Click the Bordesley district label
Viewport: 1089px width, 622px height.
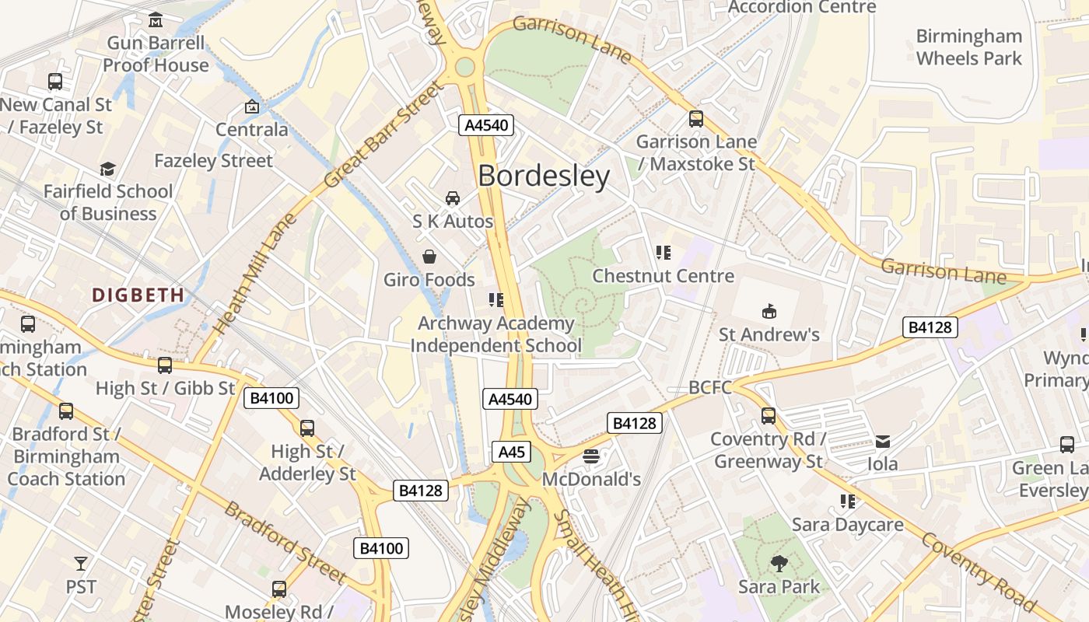point(544,176)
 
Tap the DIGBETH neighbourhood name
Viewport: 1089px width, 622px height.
point(138,295)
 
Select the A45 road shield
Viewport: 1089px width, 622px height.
point(512,452)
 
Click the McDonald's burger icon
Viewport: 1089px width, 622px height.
point(591,456)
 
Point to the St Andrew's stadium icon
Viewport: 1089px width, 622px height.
point(769,312)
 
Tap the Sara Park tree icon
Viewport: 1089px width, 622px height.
point(779,564)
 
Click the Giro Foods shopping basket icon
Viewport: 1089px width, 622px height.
point(429,257)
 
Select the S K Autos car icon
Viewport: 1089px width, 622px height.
point(453,199)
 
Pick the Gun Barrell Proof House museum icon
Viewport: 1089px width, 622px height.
point(156,19)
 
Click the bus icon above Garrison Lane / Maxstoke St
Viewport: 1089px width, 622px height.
point(696,119)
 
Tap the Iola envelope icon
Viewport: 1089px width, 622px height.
point(883,442)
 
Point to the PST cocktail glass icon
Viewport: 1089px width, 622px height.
point(81,563)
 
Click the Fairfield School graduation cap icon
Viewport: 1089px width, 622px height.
point(107,169)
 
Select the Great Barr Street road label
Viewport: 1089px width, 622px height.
point(383,137)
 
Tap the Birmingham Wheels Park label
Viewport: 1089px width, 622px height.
point(968,47)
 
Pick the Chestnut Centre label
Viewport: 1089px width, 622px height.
point(663,276)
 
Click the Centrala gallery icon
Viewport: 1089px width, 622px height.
point(252,107)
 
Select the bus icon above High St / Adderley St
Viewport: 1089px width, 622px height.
point(307,428)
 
